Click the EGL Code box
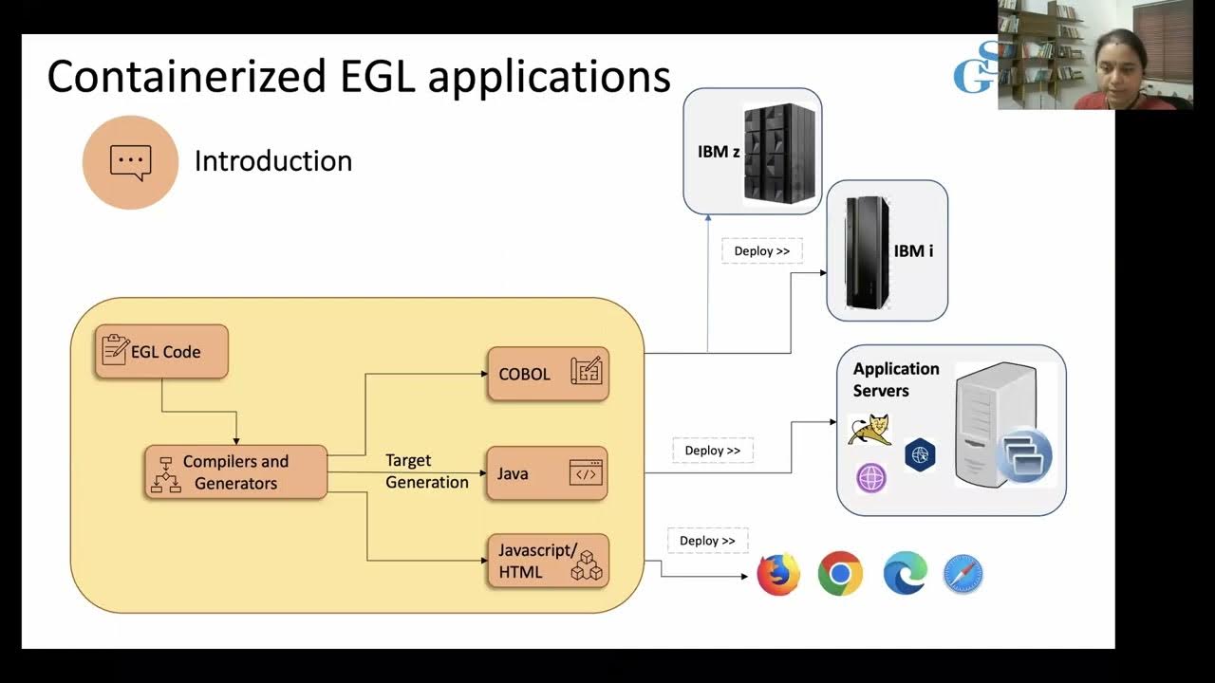coord(161,352)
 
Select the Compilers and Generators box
coord(235,472)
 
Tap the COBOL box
coord(548,374)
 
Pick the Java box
coord(548,473)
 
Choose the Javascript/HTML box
coord(548,562)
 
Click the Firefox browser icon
coord(778,574)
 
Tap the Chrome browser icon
coord(840,574)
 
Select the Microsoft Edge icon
coord(905,574)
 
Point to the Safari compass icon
coord(963,575)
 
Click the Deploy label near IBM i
coord(762,251)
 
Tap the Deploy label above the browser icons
coord(707,541)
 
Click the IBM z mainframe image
coord(780,152)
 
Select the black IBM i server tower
coord(867,251)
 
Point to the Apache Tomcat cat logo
coord(870,429)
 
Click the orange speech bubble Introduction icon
coord(130,162)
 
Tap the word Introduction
coord(273,161)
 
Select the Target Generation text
coord(426,471)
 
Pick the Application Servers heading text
coord(895,379)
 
